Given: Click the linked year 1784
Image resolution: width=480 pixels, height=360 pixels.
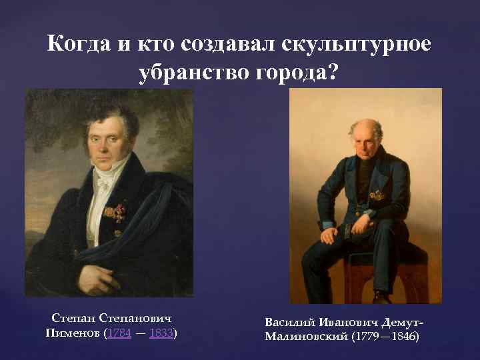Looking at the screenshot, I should click(119, 332).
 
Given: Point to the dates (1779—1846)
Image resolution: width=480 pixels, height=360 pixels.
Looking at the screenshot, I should click(387, 337).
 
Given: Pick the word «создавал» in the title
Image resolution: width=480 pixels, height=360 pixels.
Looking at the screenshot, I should click(226, 45).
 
